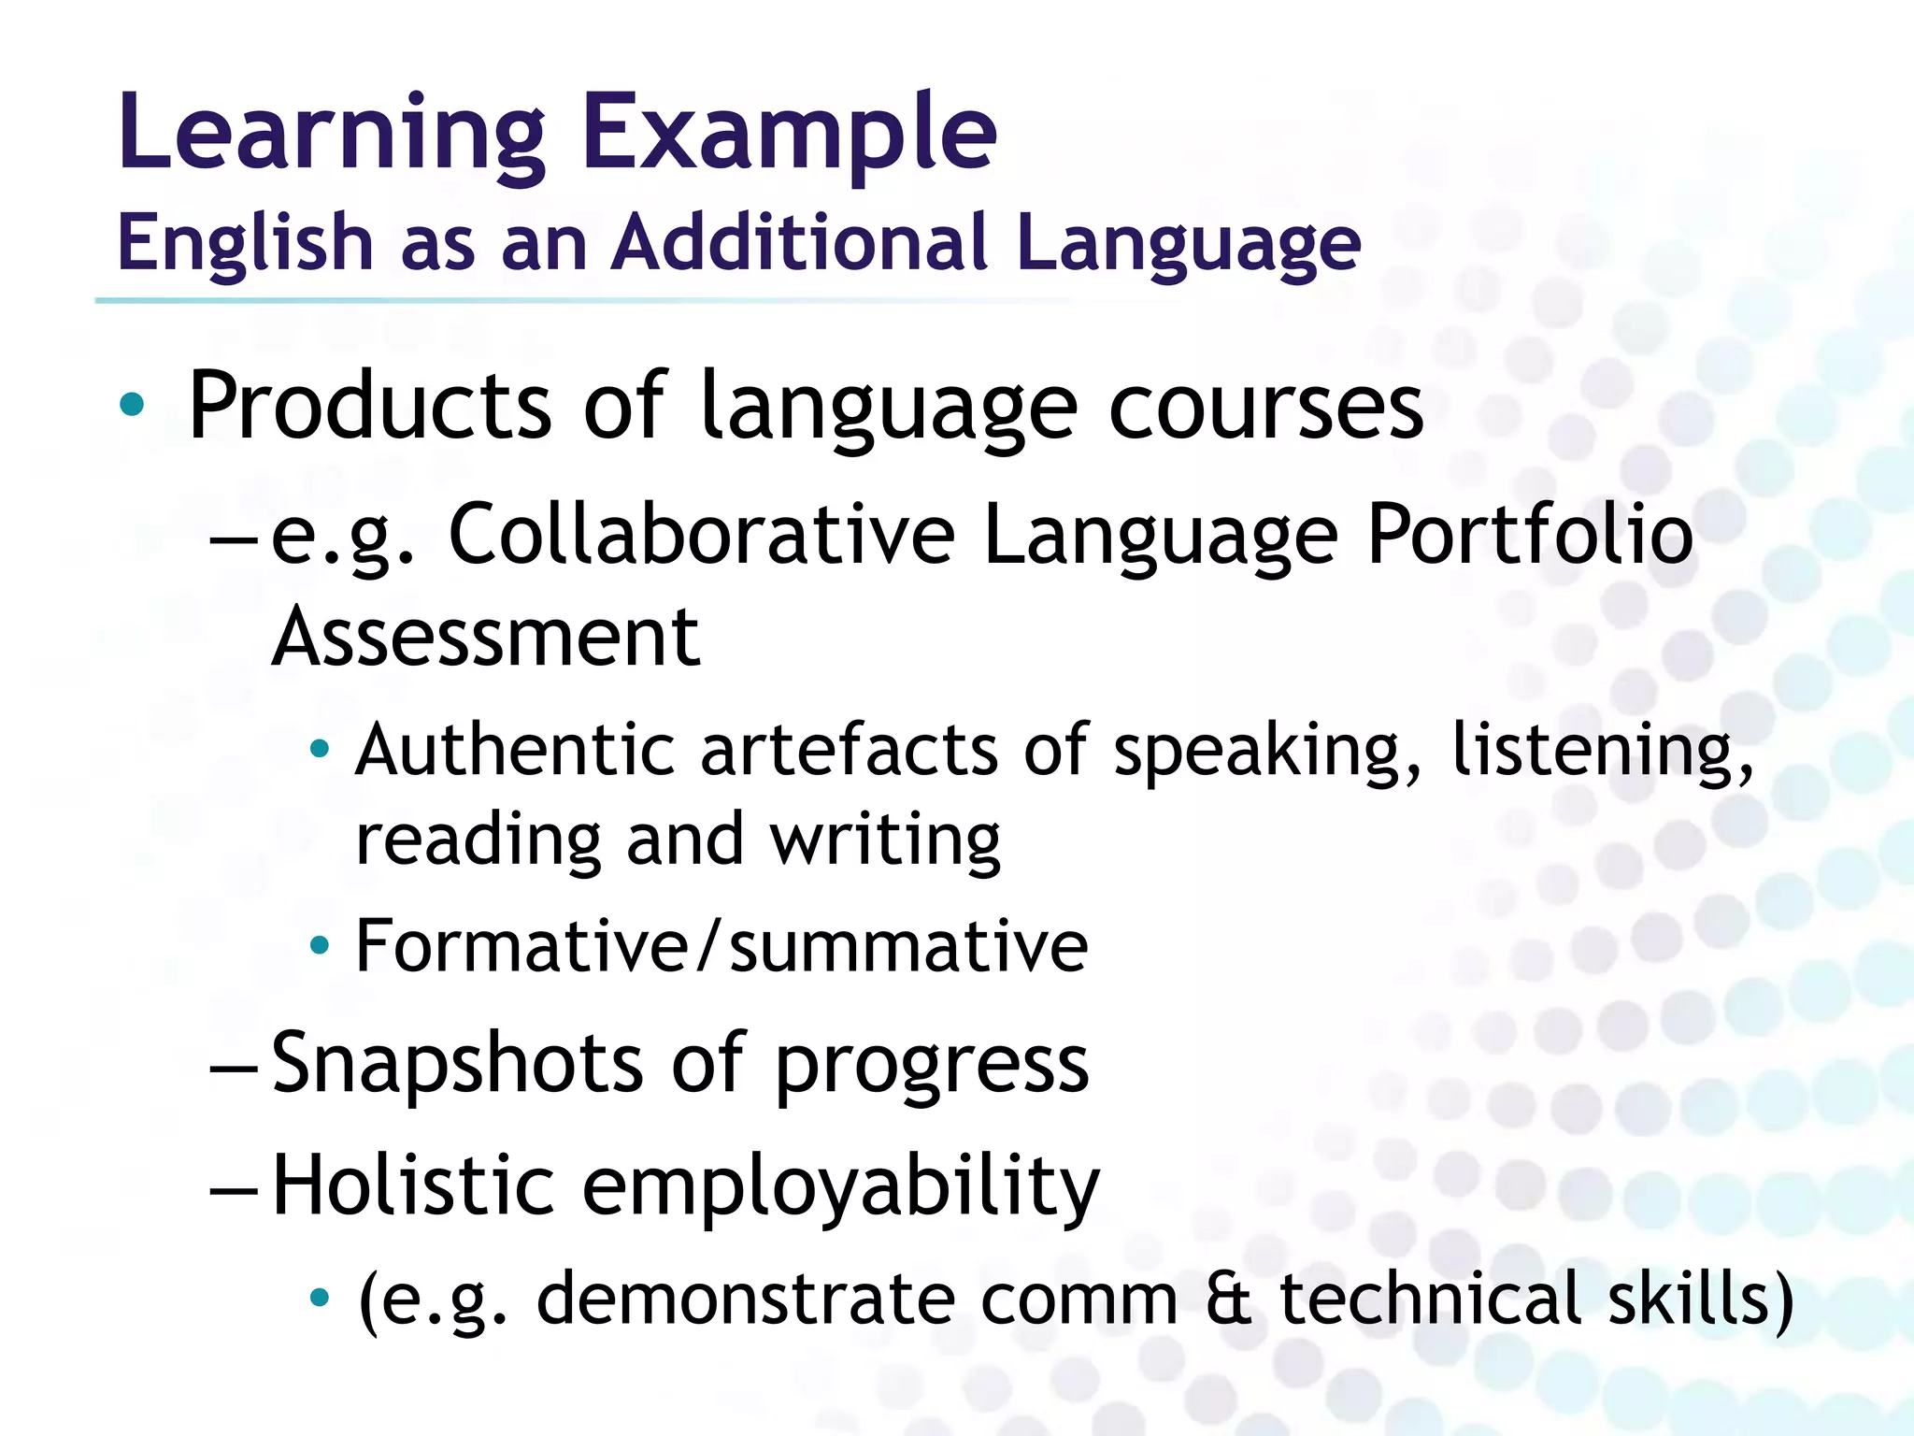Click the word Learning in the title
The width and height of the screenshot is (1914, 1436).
click(x=331, y=134)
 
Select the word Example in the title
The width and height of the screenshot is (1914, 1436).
click(x=790, y=134)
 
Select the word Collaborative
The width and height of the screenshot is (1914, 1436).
click(x=702, y=534)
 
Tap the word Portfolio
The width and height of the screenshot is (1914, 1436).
click(x=1529, y=534)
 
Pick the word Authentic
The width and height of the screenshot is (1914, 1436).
click(x=515, y=750)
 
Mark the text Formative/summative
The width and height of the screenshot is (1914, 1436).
click(x=721, y=946)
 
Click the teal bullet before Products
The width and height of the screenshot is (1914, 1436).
click(x=133, y=405)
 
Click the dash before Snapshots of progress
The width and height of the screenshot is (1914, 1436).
click(x=234, y=1065)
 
